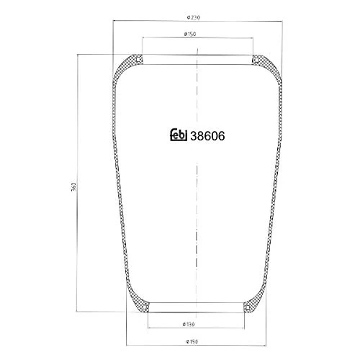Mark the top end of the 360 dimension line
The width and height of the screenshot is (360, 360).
(78, 52)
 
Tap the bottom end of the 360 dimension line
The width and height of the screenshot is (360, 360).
(78, 313)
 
